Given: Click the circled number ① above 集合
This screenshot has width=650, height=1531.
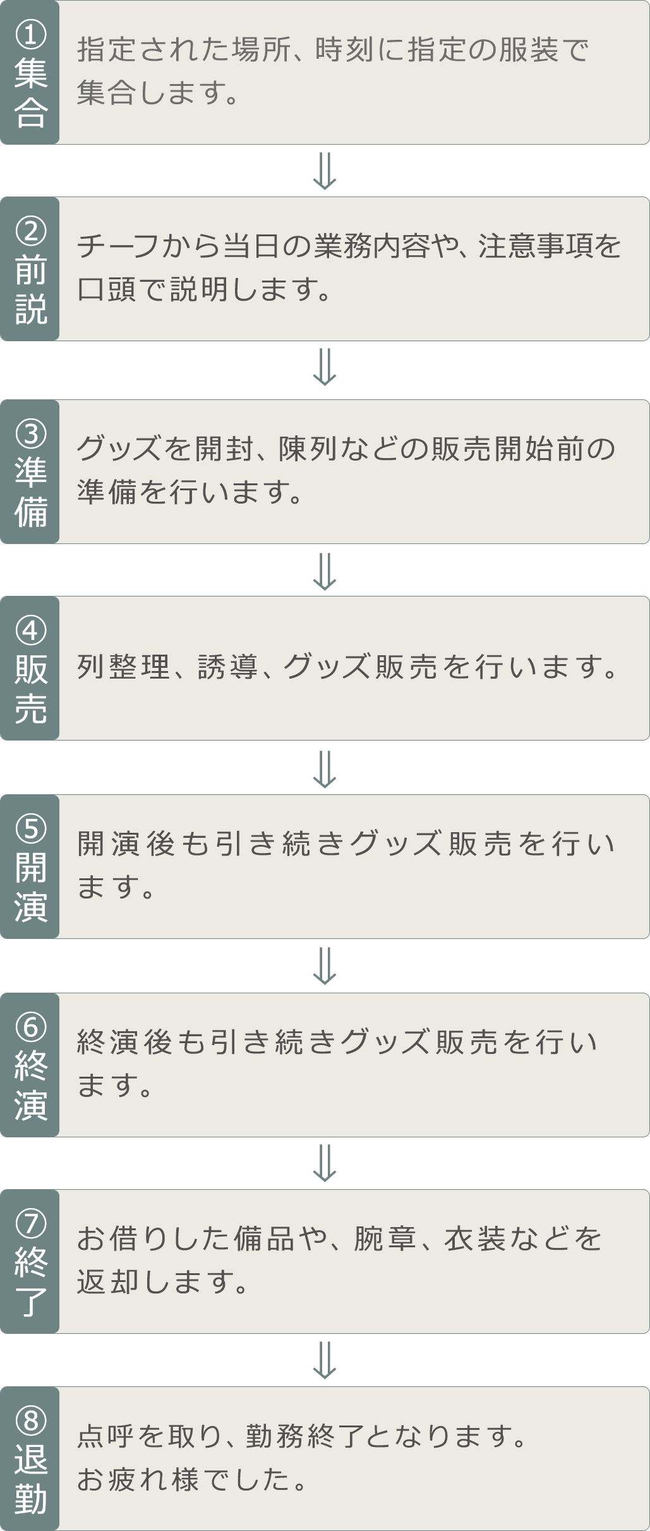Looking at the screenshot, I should [x=30, y=35].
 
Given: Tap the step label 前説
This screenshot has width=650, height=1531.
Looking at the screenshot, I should [x=30, y=291].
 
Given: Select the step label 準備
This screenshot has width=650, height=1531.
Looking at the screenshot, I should [x=30, y=493].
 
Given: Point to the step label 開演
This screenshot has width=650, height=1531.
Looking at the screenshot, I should [x=30, y=887].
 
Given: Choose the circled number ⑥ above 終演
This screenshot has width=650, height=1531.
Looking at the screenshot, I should [x=30, y=1026].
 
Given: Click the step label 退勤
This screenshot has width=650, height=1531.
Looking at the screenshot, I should [x=30, y=1480].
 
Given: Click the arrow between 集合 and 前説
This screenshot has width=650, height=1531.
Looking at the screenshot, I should [x=325, y=171].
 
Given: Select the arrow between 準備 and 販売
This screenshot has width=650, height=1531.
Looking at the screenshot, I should [x=325, y=571].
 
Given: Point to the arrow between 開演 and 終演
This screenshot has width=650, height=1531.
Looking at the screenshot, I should [x=325, y=966].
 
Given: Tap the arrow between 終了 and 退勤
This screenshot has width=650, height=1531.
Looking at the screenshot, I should [x=325, y=1360].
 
